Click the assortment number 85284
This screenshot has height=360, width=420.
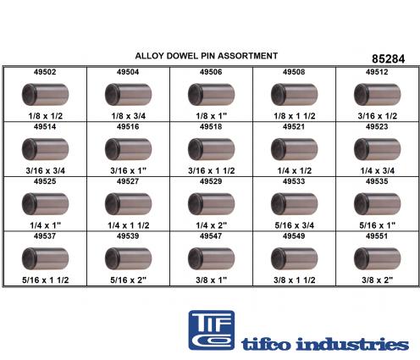pos(388,58)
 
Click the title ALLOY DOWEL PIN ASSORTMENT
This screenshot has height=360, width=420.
pos(207,56)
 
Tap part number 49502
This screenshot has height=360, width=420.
pos(45,72)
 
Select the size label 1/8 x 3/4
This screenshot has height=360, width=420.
pos(129,116)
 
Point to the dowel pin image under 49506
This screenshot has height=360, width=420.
pos(211,94)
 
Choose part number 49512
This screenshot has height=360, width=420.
pos(377,72)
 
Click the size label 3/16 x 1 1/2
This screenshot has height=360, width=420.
pos(212,170)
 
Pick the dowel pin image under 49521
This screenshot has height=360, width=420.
pos(294,149)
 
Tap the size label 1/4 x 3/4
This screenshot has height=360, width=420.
pos(378,170)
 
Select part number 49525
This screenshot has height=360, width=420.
pos(45,181)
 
